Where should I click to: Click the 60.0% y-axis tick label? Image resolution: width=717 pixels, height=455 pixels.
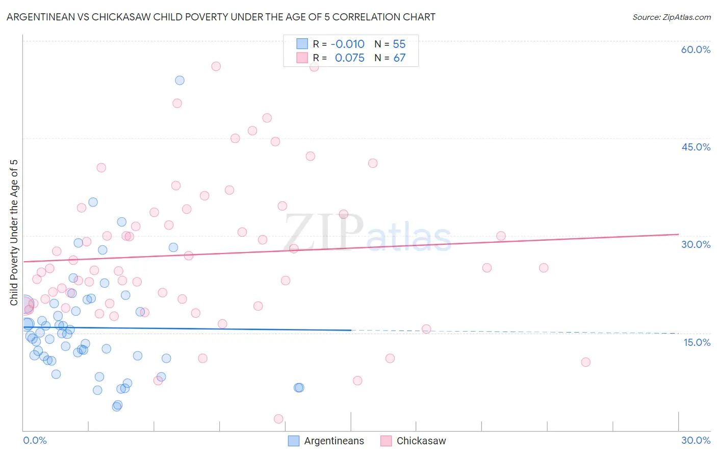pyautogui.click(x=696, y=49)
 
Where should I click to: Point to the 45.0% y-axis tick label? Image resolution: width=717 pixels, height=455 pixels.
pyautogui.click(x=696, y=147)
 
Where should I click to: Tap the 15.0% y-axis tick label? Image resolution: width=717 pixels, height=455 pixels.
pyautogui.click(x=697, y=342)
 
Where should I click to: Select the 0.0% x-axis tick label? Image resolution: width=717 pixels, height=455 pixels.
pyautogui.click(x=35, y=440)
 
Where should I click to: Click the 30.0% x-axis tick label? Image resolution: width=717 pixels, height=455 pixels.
pyautogui.click(x=696, y=440)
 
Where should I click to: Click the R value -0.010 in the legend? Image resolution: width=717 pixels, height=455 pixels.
pyautogui.click(x=347, y=44)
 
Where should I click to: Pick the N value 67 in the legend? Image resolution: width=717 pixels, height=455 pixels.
pyautogui.click(x=399, y=58)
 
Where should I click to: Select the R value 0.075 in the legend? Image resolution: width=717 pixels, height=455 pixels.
pyautogui.click(x=349, y=58)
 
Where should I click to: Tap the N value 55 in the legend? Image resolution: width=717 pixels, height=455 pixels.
pyautogui.click(x=399, y=44)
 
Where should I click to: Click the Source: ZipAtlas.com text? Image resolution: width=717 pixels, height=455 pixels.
pyautogui.click(x=671, y=17)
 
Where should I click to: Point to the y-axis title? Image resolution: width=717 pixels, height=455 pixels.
pyautogui.click(x=14, y=233)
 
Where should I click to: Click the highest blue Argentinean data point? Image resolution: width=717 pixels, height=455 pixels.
pyautogui.click(x=180, y=80)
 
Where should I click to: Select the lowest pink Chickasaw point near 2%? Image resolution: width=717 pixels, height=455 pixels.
pyautogui.click(x=278, y=419)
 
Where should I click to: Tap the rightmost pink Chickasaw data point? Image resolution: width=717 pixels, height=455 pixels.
pyautogui.click(x=585, y=362)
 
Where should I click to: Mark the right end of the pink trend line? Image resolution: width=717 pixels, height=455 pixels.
pyautogui.click(x=678, y=234)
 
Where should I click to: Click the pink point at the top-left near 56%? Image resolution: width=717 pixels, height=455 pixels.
pyautogui.click(x=216, y=66)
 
